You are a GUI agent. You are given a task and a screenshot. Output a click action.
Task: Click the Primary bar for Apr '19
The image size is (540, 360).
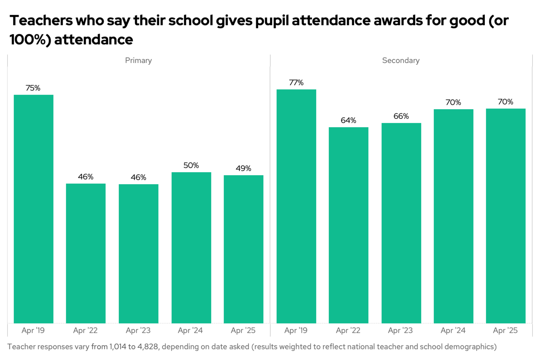point(33,208)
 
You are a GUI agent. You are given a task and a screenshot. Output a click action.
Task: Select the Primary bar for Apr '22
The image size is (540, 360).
point(85,253)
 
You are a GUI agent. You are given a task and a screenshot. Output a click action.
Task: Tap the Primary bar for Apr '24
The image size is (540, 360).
point(191,247)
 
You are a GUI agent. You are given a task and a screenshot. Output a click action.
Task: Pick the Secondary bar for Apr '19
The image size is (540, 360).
point(296,206)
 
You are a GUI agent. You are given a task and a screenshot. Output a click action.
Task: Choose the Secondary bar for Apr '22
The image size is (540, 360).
point(348,225)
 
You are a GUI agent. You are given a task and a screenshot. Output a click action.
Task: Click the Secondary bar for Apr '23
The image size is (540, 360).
point(401,223)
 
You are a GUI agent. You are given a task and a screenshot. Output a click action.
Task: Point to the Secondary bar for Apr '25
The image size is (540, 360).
point(505,216)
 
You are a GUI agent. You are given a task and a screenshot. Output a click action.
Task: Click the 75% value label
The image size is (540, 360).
point(33,88)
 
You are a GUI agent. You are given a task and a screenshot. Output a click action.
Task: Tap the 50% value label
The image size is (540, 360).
point(191,165)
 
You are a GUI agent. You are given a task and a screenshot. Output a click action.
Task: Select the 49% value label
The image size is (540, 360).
point(243,168)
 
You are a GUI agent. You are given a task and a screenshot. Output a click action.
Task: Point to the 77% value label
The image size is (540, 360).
point(296,82)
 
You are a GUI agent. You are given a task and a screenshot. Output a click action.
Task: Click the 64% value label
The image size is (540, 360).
point(348,120)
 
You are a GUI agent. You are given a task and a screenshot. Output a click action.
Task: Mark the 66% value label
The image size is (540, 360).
point(401,116)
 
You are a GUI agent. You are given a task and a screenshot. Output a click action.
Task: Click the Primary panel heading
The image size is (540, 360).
point(138,60)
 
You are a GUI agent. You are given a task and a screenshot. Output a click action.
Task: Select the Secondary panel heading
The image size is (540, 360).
point(401,60)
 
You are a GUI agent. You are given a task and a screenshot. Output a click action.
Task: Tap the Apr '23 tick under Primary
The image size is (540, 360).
point(138,330)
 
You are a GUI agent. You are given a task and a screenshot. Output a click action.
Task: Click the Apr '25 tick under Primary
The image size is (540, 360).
point(243,330)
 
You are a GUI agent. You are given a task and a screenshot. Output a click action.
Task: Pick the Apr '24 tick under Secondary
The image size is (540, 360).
point(453,330)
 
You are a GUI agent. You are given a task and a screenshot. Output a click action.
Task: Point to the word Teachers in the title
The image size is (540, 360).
point(41,21)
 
